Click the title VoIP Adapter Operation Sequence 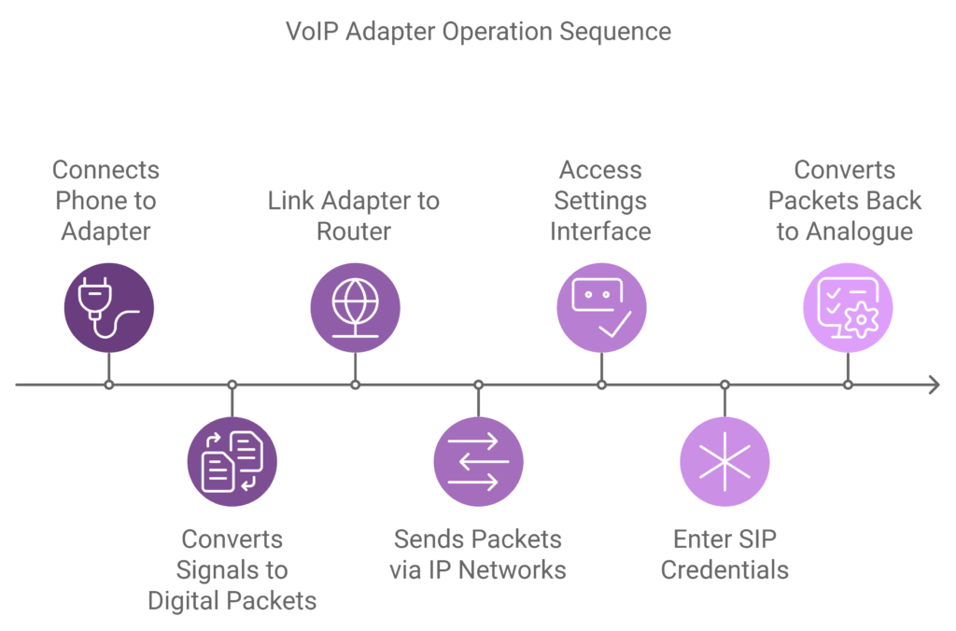478,31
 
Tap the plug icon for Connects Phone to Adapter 108,307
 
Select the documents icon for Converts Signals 232,461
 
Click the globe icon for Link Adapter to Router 355,307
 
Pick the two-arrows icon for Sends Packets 478,461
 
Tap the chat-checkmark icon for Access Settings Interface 601,307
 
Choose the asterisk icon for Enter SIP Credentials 724,461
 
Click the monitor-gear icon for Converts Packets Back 848,307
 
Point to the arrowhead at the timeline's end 933,385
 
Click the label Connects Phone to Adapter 105,201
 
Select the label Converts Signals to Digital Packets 232,569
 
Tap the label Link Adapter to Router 354,216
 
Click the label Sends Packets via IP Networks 478,554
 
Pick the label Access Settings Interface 600,201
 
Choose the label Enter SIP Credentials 724,554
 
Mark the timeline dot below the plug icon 108,385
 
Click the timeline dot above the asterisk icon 724,385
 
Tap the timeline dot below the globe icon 355,385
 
